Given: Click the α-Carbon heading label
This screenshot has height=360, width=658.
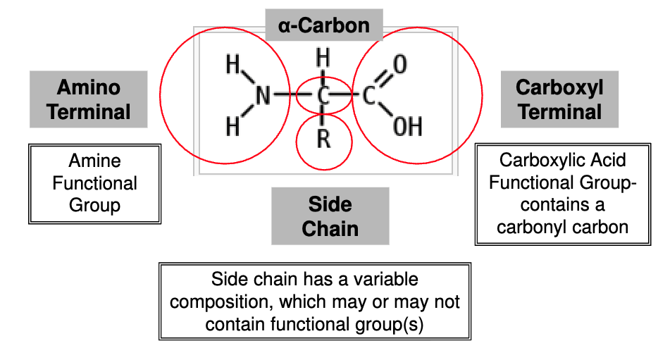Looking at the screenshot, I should (324, 26).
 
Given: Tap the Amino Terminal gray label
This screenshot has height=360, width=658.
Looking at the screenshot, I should (89, 99).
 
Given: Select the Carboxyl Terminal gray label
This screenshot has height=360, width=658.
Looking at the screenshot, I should (559, 99).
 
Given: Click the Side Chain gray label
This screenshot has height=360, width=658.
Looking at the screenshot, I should (330, 216).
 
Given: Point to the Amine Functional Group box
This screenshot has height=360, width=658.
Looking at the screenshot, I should (94, 183).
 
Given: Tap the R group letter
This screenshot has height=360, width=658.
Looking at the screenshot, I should (323, 139).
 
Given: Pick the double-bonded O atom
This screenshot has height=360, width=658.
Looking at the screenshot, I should (399, 65).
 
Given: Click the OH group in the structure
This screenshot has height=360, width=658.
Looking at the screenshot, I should (407, 127).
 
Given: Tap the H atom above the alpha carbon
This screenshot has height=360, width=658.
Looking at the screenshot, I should (323, 57).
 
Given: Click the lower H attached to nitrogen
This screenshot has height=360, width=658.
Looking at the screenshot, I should (232, 127).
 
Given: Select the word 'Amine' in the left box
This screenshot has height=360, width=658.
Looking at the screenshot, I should (94, 161).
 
